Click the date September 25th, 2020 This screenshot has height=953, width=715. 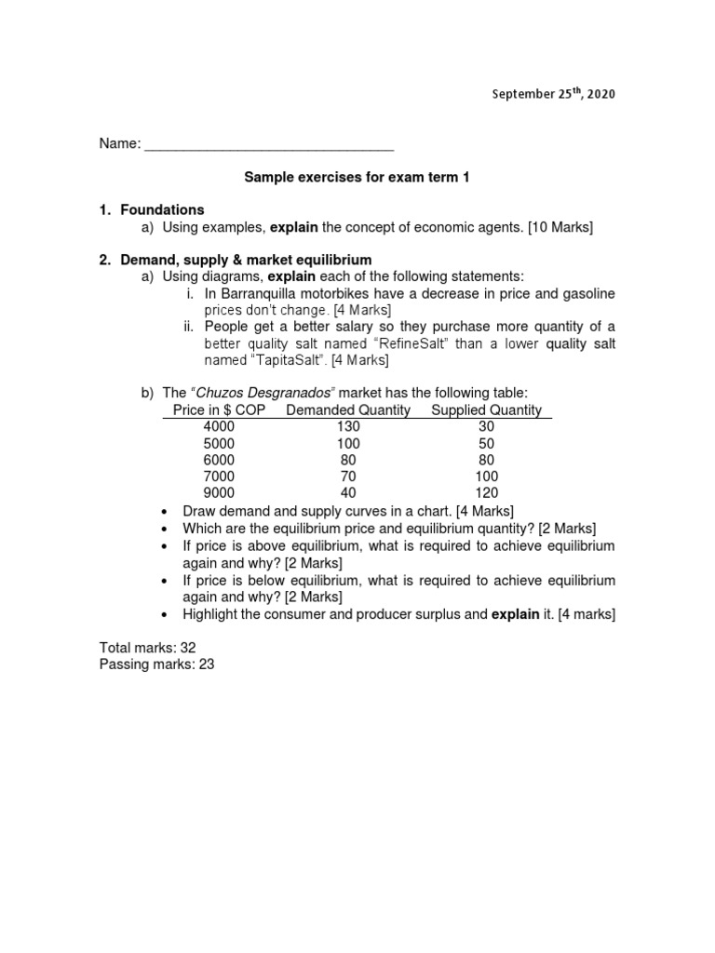point(554,94)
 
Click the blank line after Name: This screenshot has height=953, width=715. point(269,145)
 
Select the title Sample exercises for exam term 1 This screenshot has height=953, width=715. point(357,178)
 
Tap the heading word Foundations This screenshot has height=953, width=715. point(162,210)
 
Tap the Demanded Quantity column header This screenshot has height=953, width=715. point(348,410)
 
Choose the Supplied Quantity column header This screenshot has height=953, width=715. point(486,410)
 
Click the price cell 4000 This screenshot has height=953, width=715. point(219,426)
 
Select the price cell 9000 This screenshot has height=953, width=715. point(219,493)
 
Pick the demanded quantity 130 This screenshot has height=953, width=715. point(348,426)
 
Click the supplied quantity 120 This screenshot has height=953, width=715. point(486,493)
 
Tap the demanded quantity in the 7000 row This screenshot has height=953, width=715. point(348,476)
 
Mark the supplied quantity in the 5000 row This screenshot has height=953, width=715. point(486,443)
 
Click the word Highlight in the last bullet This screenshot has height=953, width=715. point(213,614)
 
